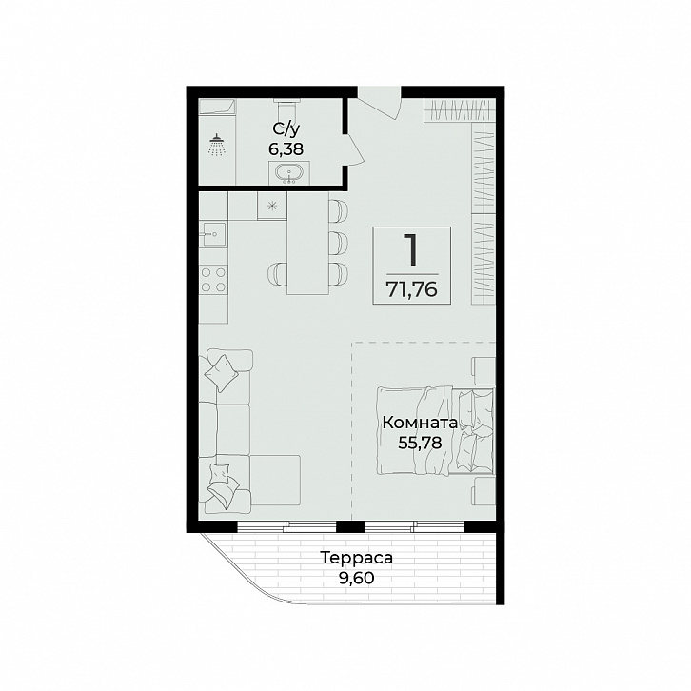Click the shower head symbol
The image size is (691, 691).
217,145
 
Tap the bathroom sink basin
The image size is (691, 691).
289,173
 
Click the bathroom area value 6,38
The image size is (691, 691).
286,149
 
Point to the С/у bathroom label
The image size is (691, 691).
286,129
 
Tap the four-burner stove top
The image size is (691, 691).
213,280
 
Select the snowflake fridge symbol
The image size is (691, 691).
272,205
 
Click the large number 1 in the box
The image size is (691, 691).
411,249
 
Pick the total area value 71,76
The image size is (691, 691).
411,289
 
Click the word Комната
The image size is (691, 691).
420,423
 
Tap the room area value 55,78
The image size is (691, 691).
420,443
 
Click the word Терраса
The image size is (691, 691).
357,558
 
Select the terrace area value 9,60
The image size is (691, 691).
357,578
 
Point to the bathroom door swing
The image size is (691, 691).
354,148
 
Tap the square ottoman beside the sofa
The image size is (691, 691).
275,481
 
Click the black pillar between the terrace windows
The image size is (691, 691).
351,526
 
